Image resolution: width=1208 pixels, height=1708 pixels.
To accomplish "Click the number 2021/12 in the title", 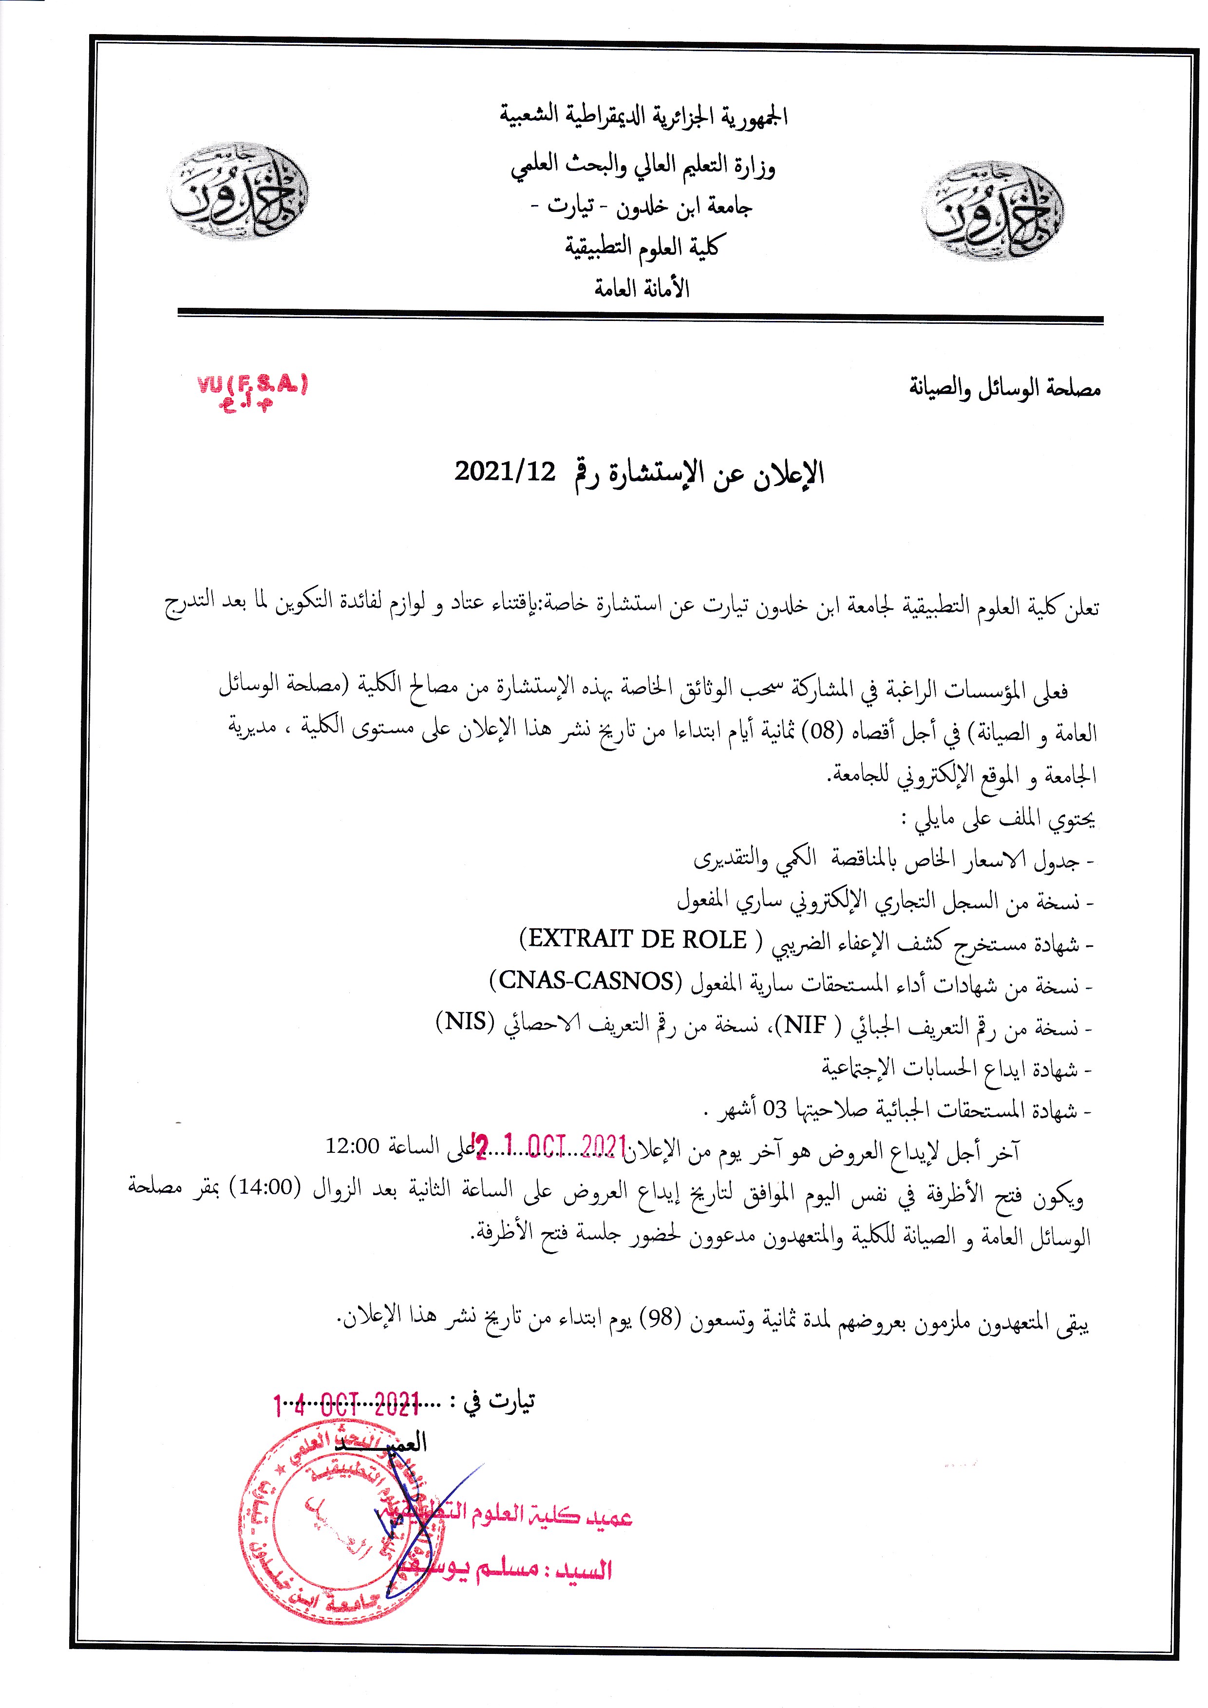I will (x=505, y=471).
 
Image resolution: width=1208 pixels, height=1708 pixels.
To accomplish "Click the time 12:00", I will (x=353, y=1145).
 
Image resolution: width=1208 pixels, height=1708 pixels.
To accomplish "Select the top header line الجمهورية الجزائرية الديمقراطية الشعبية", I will (x=643, y=117).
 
